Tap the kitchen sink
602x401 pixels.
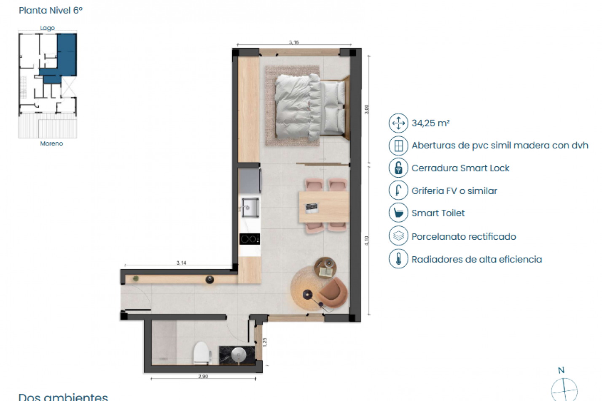tap(250, 207)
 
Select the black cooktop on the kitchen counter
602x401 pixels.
tap(250, 239)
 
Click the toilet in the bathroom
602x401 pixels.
tap(202, 353)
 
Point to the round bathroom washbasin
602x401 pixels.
tap(239, 355)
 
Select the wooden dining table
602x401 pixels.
tap(323, 207)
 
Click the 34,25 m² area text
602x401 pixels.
tap(430, 123)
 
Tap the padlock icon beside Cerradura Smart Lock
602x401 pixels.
tap(398, 168)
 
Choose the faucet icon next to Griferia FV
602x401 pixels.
tap(398, 190)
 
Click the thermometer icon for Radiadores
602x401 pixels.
tap(398, 259)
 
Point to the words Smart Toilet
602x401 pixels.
tap(438, 213)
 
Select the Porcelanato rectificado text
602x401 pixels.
tap(464, 236)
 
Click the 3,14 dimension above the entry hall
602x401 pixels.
tap(181, 263)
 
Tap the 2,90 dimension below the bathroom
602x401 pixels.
tap(203, 377)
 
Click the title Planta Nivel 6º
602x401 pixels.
tap(51, 11)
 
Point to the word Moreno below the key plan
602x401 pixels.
tap(51, 144)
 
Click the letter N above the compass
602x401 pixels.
tap(561, 370)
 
